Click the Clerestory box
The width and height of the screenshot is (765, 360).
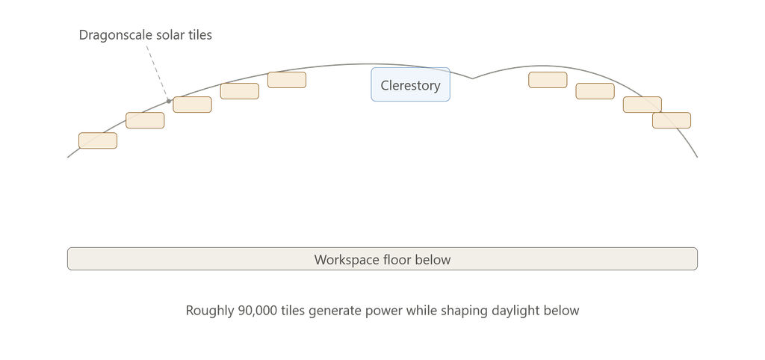[x=410, y=84]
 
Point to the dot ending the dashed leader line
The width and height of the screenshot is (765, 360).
[x=169, y=101]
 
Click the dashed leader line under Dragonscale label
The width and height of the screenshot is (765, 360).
[x=158, y=73]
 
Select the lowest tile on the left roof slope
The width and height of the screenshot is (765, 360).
[x=98, y=140]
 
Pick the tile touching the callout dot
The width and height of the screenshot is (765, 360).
[x=192, y=105]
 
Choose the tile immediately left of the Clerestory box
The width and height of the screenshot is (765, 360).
[x=287, y=80]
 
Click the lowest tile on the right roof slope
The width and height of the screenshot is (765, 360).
[x=672, y=120]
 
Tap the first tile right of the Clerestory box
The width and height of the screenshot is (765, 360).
[x=548, y=80]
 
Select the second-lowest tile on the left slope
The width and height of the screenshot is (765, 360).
[x=145, y=120]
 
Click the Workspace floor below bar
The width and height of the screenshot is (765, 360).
[x=382, y=258]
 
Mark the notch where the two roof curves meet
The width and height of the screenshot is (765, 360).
[x=472, y=78]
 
